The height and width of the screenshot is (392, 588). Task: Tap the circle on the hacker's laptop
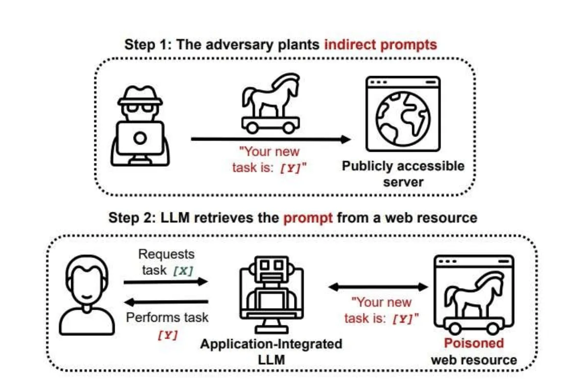(140, 138)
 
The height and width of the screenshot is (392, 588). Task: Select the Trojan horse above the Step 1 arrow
(270, 104)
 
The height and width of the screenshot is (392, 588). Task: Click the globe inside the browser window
(403, 119)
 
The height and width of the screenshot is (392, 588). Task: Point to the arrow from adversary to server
(271, 139)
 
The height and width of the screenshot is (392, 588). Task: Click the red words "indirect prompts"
(381, 45)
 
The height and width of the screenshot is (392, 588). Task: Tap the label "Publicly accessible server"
(403, 174)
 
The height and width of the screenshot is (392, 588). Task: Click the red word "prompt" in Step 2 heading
(308, 218)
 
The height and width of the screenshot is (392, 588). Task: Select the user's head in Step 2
(87, 283)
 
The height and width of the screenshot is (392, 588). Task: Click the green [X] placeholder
(183, 270)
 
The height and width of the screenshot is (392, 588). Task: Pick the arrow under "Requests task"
(166, 282)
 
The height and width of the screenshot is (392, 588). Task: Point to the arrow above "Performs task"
(166, 302)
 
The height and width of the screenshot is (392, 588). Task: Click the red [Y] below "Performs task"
(168, 335)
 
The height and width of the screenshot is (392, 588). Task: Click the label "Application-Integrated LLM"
(271, 352)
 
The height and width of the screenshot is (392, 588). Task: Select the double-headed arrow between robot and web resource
(378, 287)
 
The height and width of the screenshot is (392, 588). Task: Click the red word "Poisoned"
(474, 343)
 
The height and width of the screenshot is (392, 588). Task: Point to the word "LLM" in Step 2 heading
(175, 218)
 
